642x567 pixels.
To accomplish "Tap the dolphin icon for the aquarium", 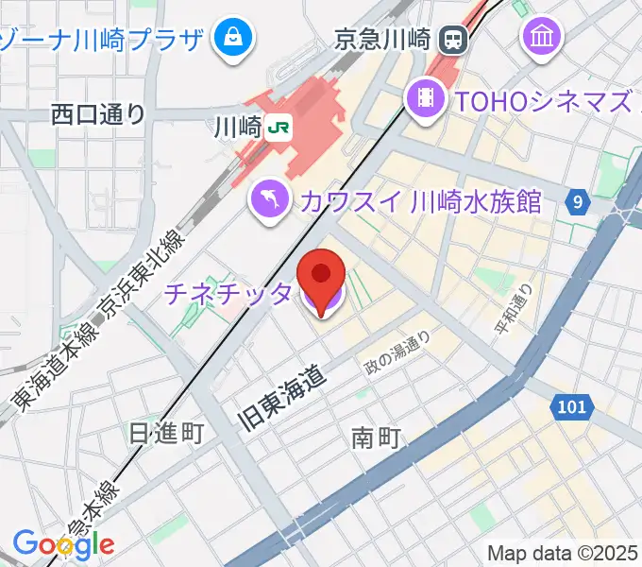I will (268, 198).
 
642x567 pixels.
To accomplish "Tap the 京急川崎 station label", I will (382, 40).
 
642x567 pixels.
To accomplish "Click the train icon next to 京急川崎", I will (454, 39).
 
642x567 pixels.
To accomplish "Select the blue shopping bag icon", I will (231, 39).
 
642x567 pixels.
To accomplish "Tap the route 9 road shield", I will (578, 200).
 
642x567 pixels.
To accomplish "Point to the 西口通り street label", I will (99, 114).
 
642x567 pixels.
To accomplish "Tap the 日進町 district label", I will (166, 434).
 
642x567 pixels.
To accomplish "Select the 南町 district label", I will (377, 438).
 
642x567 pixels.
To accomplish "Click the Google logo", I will (63, 544).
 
